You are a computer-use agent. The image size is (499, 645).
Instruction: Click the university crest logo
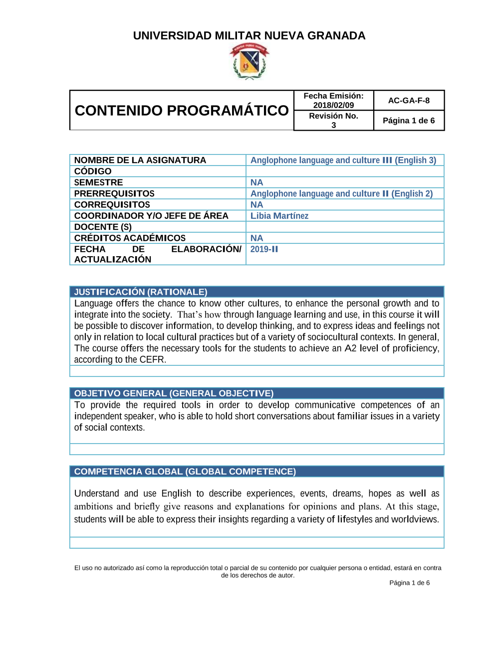pos(249,61)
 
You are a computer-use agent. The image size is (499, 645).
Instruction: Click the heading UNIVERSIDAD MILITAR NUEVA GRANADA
pos(249,36)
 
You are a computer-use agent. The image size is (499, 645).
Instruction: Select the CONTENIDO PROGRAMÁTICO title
pos(182,110)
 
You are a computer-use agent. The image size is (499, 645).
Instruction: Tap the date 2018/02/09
pos(333,105)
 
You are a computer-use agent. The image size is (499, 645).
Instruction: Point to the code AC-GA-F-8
pos(409,101)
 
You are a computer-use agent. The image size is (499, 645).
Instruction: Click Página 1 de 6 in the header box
pos(409,121)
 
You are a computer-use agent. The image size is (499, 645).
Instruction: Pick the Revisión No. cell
pos(333,120)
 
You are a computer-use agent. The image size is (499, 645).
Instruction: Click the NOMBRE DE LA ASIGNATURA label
pos(140,160)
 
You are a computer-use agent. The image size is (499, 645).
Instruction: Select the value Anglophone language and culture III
pos(343,160)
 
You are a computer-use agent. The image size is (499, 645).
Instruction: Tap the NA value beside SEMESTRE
pos(256,182)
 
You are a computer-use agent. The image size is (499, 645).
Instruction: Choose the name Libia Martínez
pos(279,216)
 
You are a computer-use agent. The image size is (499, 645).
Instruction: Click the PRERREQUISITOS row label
pos(114,193)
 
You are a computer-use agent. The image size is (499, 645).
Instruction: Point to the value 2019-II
pos(264,249)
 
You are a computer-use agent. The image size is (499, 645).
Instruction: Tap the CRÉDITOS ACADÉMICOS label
pos(130,238)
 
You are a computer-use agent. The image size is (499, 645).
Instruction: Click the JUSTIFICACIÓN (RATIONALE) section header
pos(141,292)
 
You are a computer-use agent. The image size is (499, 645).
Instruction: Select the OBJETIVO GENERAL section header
pos(174,393)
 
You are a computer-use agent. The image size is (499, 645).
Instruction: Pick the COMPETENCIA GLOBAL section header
pos(185,472)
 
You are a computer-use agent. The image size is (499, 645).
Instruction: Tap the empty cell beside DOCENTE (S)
pos(344,227)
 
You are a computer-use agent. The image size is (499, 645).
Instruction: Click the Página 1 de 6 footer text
pos(409,583)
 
